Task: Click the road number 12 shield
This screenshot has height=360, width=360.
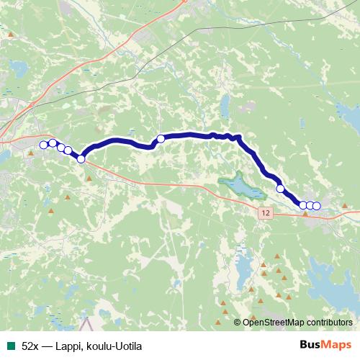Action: (265, 214)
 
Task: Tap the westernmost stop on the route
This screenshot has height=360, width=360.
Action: (43, 145)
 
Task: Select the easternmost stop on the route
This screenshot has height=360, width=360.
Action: (316, 206)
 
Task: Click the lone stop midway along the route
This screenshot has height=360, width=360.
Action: (161, 138)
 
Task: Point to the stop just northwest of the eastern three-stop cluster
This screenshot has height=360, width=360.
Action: (281, 189)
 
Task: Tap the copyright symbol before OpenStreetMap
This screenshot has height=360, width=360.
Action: (238, 323)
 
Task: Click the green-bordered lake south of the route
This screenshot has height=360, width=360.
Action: (238, 185)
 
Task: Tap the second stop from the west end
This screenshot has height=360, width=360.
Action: (53, 143)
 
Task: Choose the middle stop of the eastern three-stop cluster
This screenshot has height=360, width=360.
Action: (310, 206)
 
